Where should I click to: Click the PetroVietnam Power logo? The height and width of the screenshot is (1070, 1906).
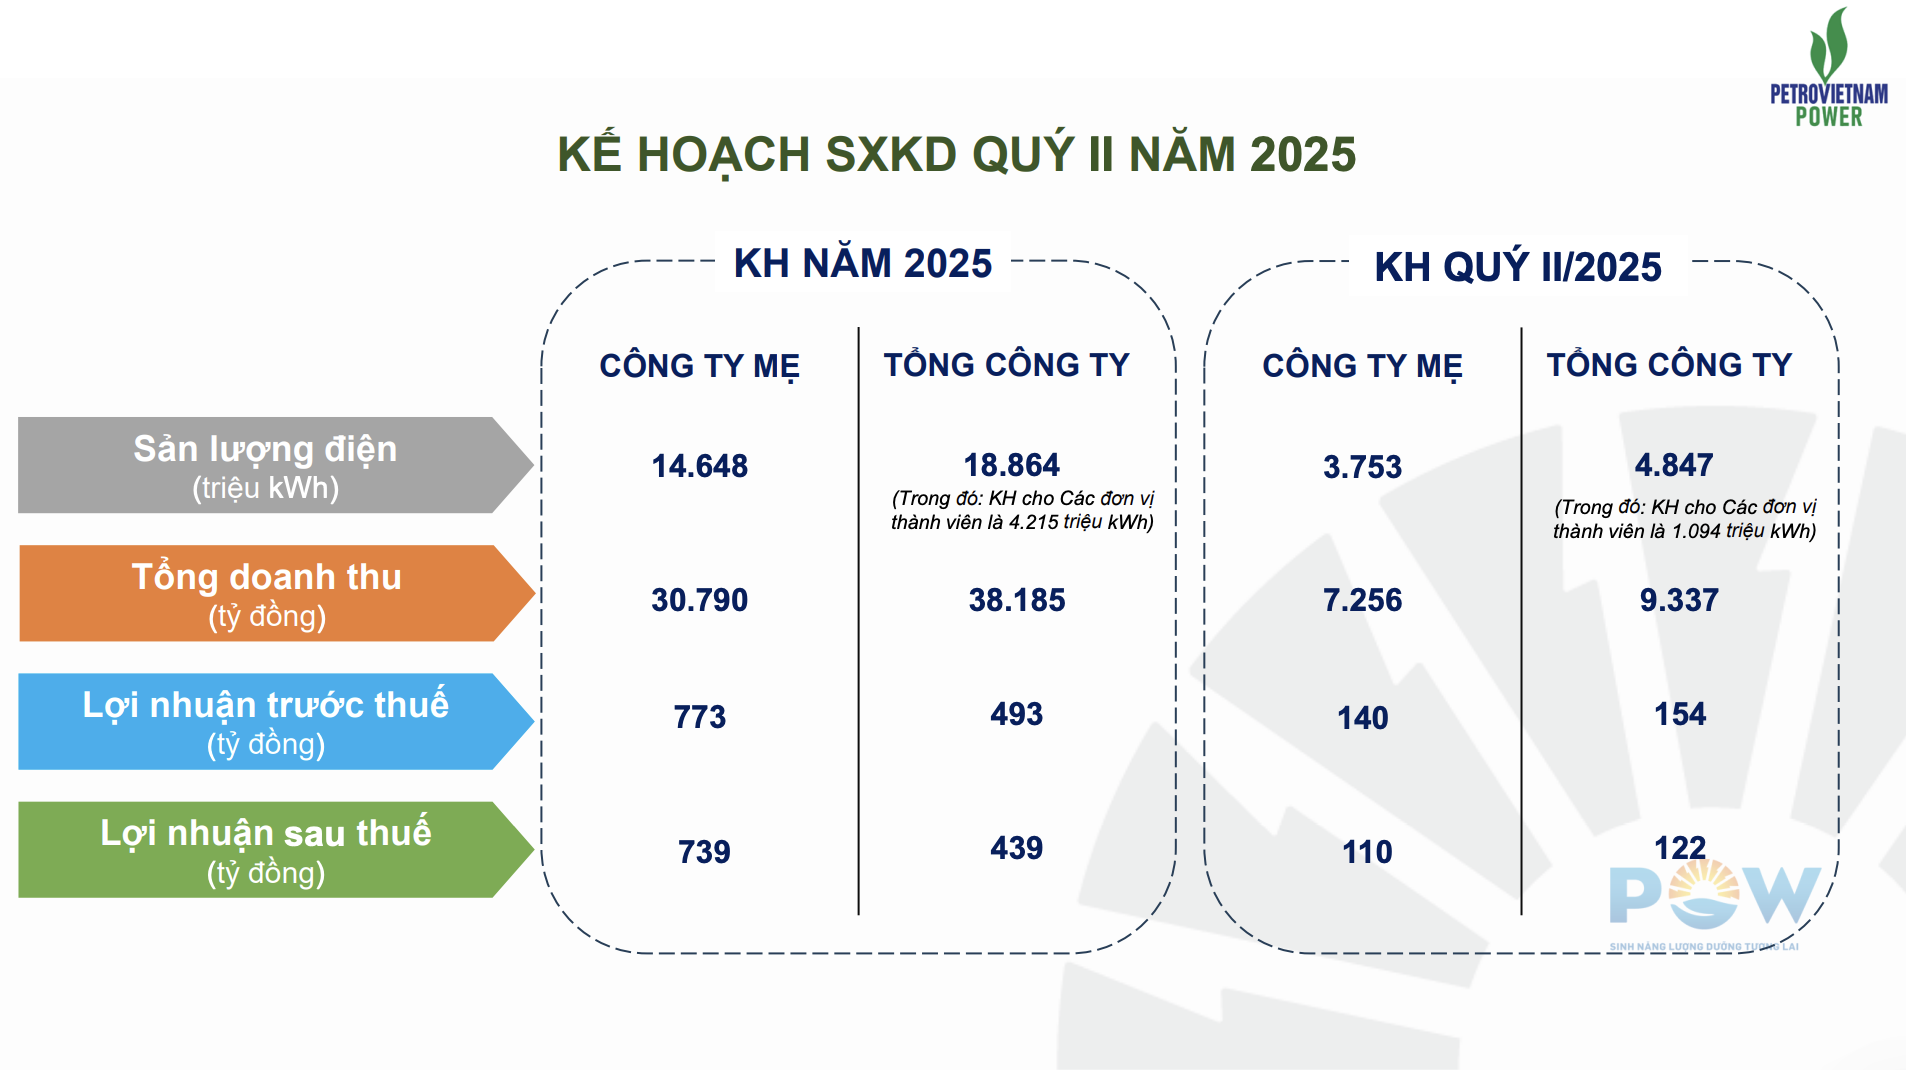[x=1828, y=67]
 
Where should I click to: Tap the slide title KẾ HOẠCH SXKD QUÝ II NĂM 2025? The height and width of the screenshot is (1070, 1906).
[x=956, y=154]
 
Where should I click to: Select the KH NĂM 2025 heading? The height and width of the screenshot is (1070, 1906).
[x=862, y=263]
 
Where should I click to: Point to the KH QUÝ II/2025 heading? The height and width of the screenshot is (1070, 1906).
[x=1517, y=266]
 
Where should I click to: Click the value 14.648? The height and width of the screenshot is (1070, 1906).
[x=699, y=466]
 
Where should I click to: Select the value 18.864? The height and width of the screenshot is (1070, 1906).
[x=1011, y=465]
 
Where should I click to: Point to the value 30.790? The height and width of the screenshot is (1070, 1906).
[x=699, y=600]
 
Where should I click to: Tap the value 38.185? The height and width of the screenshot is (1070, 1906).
[x=1016, y=600]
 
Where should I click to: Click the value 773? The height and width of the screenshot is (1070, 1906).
[x=699, y=717]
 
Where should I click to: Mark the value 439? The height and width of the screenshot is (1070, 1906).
[x=1016, y=848]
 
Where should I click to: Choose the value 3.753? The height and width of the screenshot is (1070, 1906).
[x=1362, y=467]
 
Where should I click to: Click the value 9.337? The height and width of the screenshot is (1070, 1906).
[x=1679, y=600]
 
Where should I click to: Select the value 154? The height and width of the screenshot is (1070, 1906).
[x=1680, y=714]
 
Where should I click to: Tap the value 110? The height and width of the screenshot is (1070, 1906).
[x=1366, y=852]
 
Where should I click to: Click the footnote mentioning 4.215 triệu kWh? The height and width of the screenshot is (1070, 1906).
[x=1022, y=510]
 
